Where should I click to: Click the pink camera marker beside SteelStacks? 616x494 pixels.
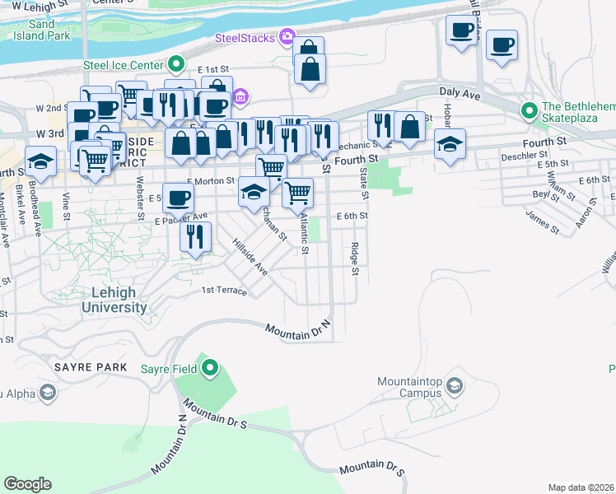(x=287, y=35)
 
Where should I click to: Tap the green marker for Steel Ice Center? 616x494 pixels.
(x=176, y=64)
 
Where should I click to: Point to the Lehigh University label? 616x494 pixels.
(x=114, y=301)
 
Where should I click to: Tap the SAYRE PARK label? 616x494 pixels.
(x=91, y=366)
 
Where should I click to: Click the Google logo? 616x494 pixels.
(x=27, y=484)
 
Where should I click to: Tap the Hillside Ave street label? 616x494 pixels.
(x=250, y=257)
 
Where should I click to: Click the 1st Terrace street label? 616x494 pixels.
(x=224, y=291)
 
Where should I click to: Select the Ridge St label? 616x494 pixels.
(x=355, y=259)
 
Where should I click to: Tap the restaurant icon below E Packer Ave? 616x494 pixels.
(x=195, y=237)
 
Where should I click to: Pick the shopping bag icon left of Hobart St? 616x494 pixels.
(x=409, y=126)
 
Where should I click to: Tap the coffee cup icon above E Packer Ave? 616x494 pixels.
(x=178, y=197)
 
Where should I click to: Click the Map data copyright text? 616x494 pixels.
(x=581, y=487)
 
